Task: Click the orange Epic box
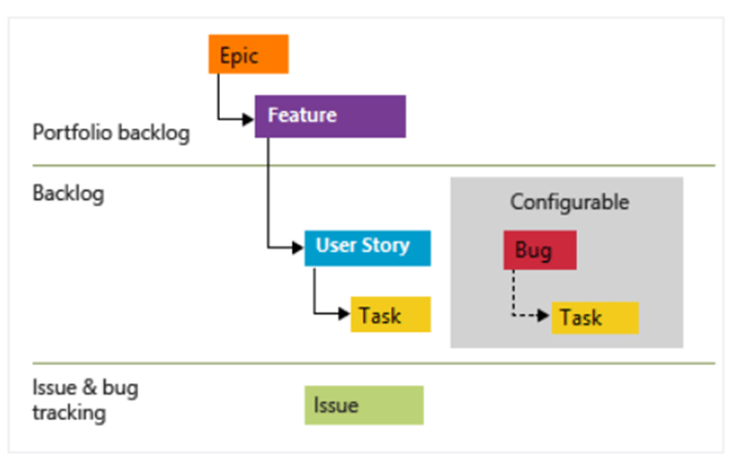[248, 54]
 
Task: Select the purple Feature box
[330, 116]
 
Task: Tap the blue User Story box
[367, 247]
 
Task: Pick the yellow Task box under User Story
[390, 314]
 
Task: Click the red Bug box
[539, 251]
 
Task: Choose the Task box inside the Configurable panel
[594, 317]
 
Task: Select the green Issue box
[363, 405]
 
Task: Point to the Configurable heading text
[569, 202]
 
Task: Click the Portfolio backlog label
[111, 133]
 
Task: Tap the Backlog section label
[68, 192]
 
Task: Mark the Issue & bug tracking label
[85, 400]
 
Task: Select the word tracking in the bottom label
[69, 412]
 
